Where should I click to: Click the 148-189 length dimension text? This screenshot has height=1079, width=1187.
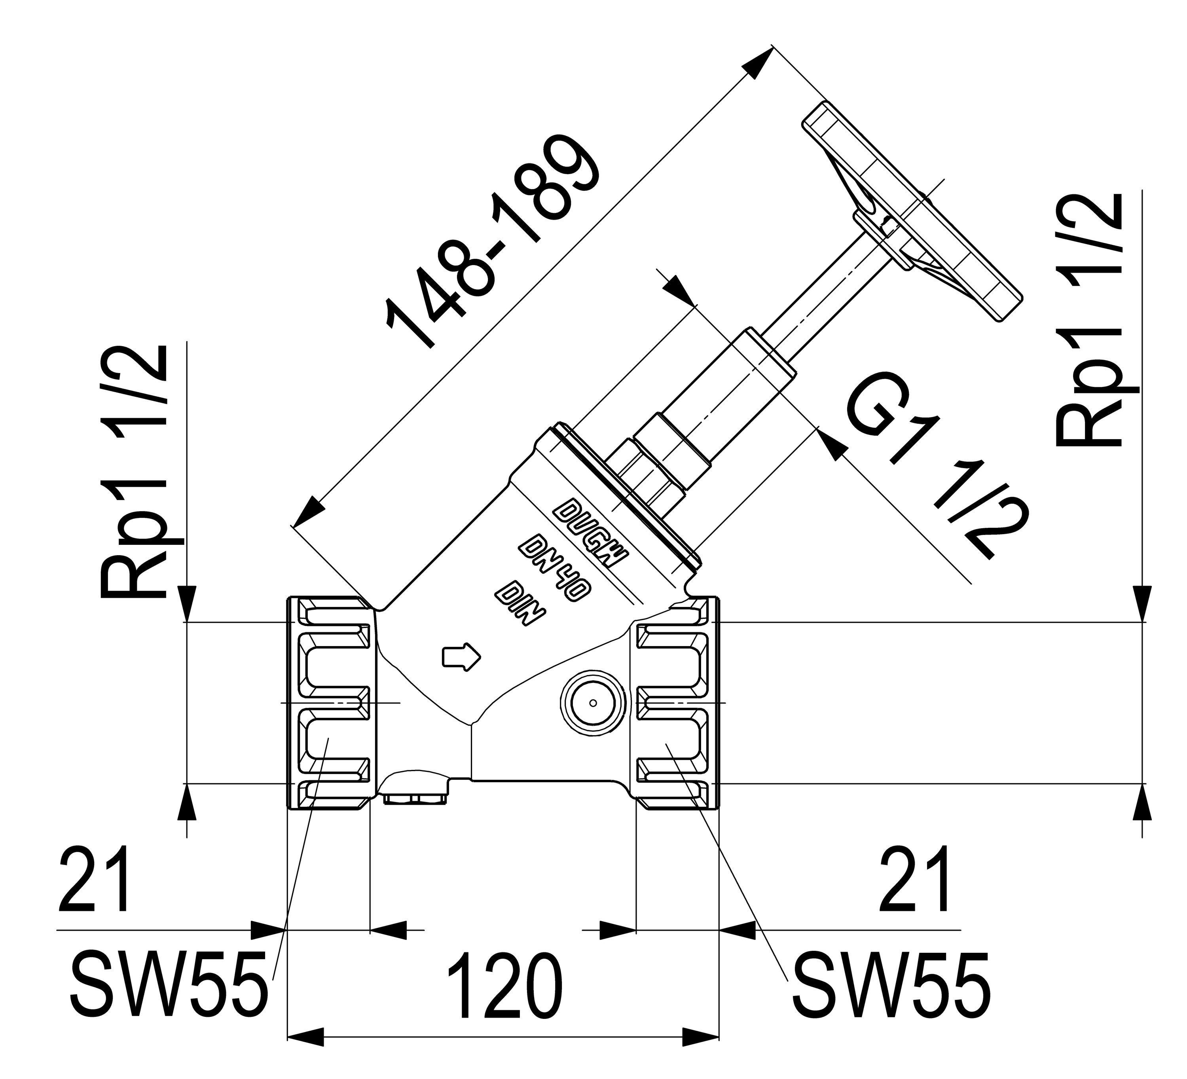493,241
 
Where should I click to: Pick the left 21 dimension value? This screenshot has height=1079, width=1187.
94,880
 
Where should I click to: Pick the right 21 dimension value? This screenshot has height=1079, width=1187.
913,880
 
